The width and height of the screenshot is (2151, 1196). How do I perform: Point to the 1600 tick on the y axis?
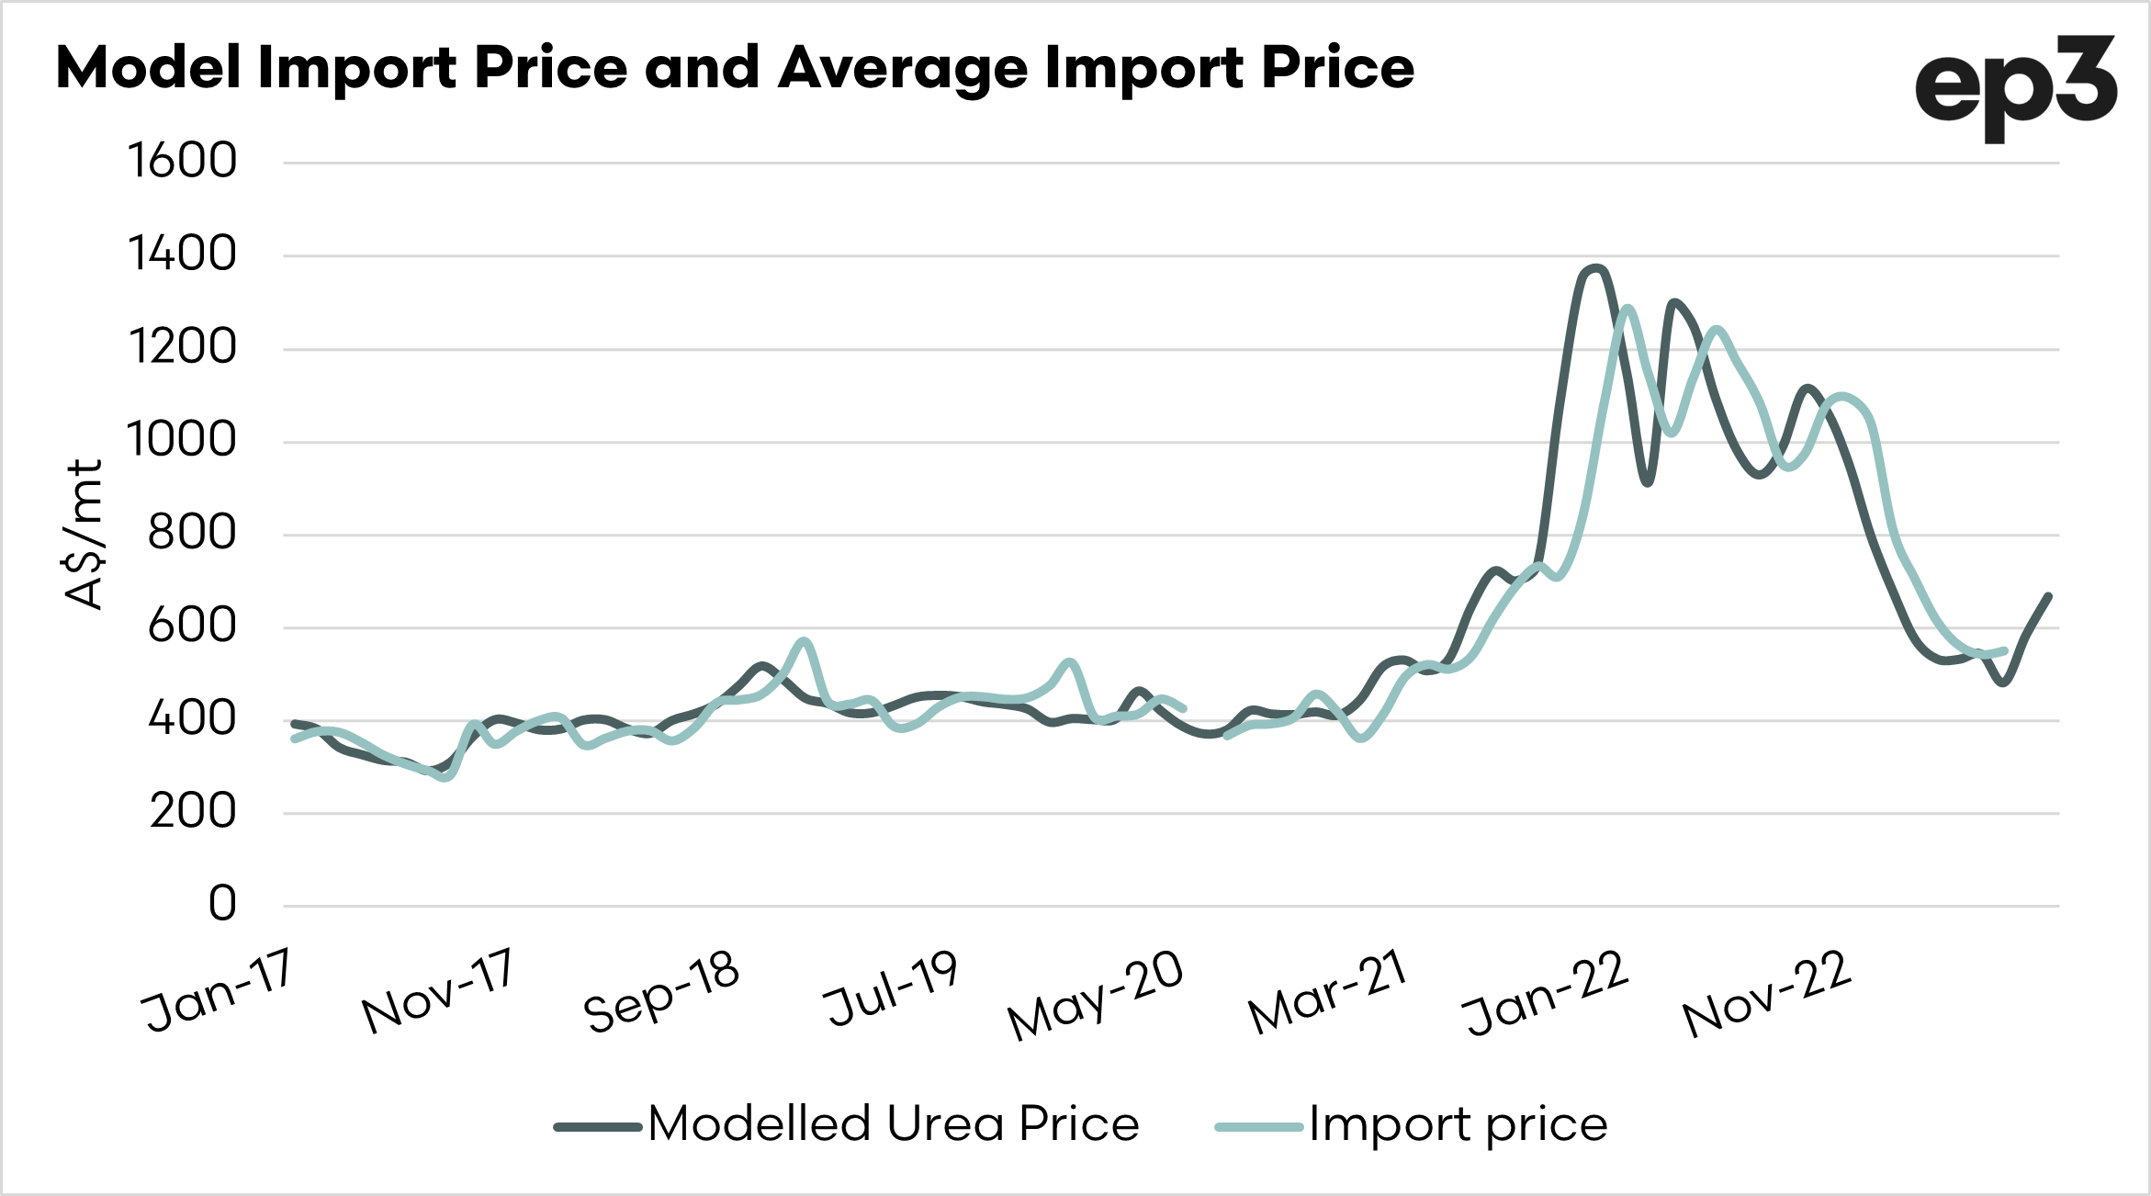(182, 161)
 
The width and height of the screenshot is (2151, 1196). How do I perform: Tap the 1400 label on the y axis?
(182, 254)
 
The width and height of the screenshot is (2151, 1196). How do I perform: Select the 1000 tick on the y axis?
(182, 440)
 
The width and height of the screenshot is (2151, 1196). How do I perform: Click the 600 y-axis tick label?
(192, 626)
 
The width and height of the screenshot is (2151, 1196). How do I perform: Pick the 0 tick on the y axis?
(222, 904)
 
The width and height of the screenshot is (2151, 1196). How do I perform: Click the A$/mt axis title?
(84, 535)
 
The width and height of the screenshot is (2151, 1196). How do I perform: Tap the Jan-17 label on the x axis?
(219, 990)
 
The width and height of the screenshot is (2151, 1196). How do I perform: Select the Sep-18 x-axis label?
(661, 992)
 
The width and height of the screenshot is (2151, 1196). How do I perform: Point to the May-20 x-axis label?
(1095, 996)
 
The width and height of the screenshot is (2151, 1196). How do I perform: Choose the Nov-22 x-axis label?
(1765, 994)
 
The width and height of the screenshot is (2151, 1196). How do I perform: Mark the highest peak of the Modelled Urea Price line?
(1596, 268)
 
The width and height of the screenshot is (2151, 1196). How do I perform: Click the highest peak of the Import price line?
(1627, 309)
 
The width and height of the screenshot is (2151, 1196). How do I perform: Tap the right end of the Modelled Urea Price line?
(2049, 596)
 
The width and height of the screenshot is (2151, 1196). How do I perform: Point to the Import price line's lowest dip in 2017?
(445, 777)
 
